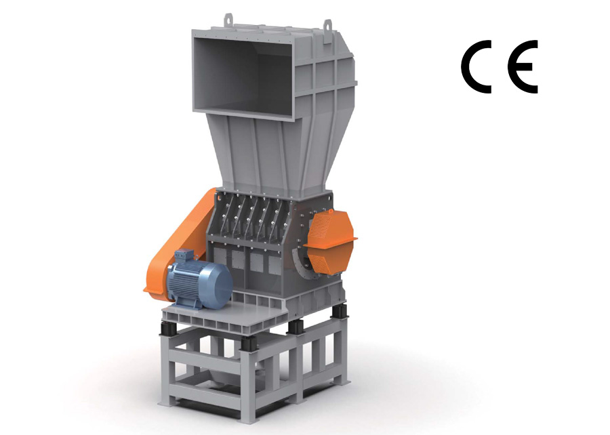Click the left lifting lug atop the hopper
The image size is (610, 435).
[x=228, y=20]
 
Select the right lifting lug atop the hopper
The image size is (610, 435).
[x=327, y=25]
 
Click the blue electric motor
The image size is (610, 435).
[x=199, y=278]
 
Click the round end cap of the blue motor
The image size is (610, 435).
[x=220, y=283]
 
